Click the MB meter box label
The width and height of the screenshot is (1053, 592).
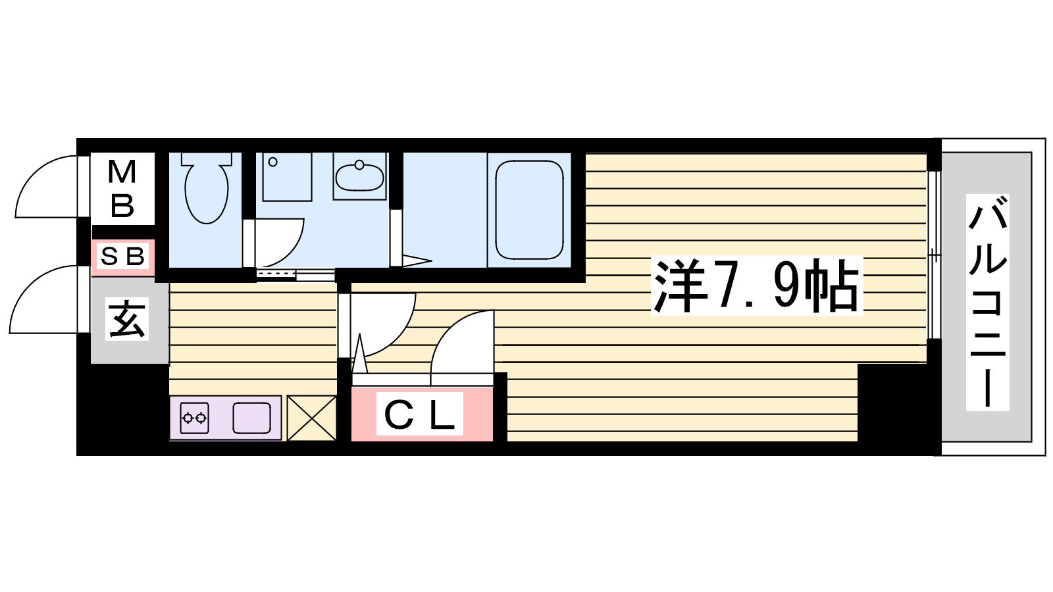(122, 188)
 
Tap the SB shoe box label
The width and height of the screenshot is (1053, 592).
(122, 257)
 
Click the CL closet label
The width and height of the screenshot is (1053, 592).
(419, 414)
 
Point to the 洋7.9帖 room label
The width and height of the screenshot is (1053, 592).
(756, 285)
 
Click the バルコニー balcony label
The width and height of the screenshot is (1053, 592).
(988, 302)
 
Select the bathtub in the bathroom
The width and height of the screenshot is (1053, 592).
(529, 210)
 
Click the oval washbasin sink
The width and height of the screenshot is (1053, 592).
(359, 177)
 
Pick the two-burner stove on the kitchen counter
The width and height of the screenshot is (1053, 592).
(195, 418)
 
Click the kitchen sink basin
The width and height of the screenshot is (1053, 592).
(252, 418)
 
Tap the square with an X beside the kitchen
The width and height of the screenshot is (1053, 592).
(312, 418)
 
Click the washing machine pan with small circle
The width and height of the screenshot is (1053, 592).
(287, 177)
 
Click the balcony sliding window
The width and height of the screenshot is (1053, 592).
(934, 255)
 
